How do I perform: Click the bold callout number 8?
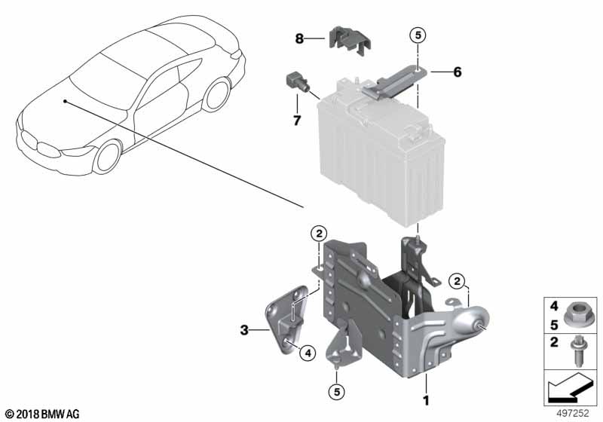[299, 38]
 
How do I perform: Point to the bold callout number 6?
[458, 72]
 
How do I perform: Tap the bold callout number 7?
[297, 121]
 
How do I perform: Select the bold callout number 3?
[244, 330]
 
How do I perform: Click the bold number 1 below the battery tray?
[426, 400]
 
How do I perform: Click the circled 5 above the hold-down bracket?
[418, 35]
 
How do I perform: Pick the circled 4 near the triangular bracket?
[308, 352]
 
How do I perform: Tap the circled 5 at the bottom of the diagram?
[337, 392]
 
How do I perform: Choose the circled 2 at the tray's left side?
[319, 233]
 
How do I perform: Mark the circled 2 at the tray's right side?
[457, 281]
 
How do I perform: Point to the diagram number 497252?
[573, 413]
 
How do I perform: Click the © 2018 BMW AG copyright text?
[42, 414]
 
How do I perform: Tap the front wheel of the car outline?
[108, 157]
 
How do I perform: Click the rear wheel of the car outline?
[216, 94]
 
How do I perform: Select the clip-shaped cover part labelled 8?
[350, 41]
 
